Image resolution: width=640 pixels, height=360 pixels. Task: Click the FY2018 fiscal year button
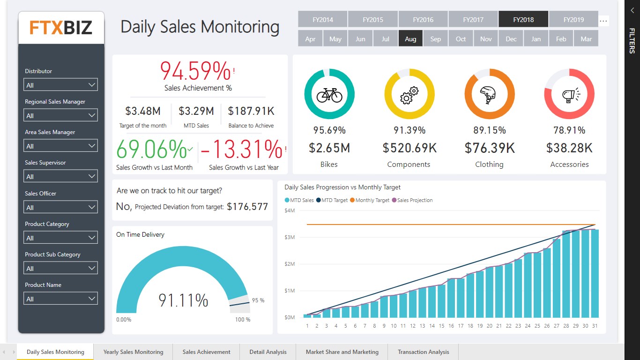(523, 20)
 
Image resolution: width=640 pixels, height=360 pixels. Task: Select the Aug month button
(410, 39)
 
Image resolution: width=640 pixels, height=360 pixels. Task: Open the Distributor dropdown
(61, 85)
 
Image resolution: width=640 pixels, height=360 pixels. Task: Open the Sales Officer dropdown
(61, 207)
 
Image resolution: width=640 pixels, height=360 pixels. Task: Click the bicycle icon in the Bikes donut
(329, 95)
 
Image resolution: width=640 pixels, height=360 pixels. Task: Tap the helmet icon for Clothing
(489, 95)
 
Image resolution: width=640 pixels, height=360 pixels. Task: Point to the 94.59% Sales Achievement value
(196, 71)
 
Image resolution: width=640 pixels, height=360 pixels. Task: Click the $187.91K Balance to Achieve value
(251, 111)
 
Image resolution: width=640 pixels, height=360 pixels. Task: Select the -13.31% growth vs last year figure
(242, 150)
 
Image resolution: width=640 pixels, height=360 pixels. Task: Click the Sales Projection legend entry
(415, 200)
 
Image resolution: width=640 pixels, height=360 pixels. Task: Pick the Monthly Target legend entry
(372, 200)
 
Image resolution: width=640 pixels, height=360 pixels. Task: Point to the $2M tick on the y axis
(289, 264)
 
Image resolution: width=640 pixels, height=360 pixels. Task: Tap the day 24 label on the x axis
(528, 326)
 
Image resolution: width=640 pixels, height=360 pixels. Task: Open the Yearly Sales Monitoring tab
(133, 352)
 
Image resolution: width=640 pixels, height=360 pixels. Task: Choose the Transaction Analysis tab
(423, 352)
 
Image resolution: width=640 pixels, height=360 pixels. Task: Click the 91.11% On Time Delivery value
(183, 300)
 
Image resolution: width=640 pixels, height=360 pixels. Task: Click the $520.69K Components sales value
(409, 148)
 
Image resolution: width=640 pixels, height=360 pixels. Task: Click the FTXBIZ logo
(61, 28)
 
